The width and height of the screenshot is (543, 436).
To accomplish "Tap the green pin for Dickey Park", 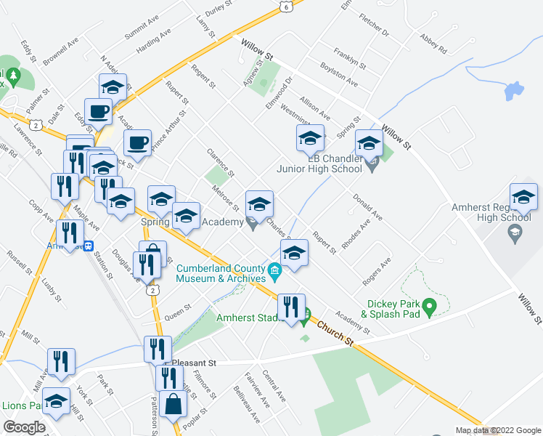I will pyautogui.click(x=429, y=308).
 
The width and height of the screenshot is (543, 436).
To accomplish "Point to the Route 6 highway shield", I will pyautogui.click(x=286, y=7).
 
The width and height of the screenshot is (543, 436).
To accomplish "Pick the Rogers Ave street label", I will pyautogui.click(x=377, y=271).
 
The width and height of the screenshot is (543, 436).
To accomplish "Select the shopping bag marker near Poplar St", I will pyautogui.click(x=174, y=404).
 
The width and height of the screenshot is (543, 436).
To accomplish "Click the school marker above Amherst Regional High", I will pyautogui.click(x=523, y=195).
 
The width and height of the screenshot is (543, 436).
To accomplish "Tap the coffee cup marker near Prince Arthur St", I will pyautogui.click(x=137, y=143).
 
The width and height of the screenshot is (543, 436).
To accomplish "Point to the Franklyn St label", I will pyautogui.click(x=350, y=58).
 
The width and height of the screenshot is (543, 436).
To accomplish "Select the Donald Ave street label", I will pyautogui.click(x=367, y=207).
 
